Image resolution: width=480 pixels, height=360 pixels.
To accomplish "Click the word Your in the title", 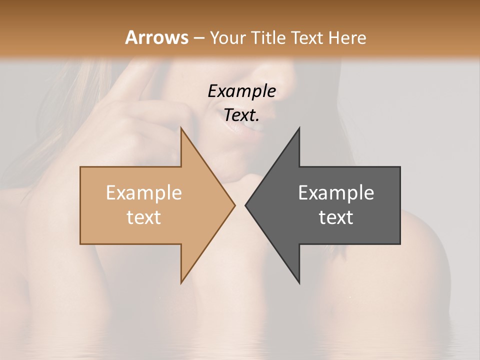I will coord(227,37).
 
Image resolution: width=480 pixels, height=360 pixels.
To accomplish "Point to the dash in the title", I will coord(198,38).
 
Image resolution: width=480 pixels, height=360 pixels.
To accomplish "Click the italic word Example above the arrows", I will coord(241,91).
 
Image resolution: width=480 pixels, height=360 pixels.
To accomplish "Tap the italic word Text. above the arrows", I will coord(241,115).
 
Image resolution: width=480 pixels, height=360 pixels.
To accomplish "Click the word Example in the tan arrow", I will coord(143,193).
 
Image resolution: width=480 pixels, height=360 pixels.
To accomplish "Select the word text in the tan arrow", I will coord(143,217).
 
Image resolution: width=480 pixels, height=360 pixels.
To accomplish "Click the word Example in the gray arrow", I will coord(336,193).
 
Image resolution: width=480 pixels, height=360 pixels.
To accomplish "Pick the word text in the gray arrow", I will coord(336,217).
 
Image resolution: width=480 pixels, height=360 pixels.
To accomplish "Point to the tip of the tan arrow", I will coord(235,205).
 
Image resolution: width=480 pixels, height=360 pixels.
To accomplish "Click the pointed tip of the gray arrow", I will coord(245,205).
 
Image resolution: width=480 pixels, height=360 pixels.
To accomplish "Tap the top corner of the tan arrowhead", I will coord(181,128).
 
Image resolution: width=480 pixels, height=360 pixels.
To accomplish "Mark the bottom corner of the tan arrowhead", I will coord(181,283).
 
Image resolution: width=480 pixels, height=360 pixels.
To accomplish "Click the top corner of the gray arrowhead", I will coord(299,128).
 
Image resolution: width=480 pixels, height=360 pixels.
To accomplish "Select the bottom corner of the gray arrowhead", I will coord(299,283).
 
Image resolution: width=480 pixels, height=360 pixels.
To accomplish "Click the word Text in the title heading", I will coord(306,37).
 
